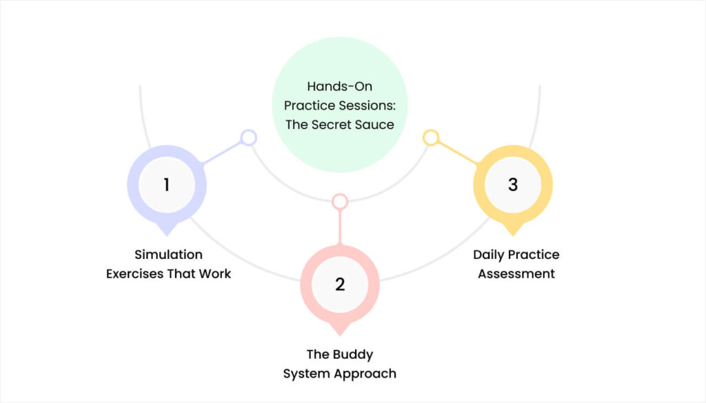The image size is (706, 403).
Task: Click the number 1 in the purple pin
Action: tap(166, 185)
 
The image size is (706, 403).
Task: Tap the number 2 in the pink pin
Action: tap(340, 284)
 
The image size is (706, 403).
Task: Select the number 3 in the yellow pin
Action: tap(512, 185)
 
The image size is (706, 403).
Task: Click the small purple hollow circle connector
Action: tap(248, 138)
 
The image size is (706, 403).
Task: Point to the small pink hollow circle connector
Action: tap(340, 201)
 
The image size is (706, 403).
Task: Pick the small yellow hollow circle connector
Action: tap(431, 138)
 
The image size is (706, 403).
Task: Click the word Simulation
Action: tap(168, 255)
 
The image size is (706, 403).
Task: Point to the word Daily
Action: tap(489, 255)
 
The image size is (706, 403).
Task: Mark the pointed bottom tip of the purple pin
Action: tap(166, 235)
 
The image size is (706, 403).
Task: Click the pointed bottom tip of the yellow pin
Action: tap(512, 235)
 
